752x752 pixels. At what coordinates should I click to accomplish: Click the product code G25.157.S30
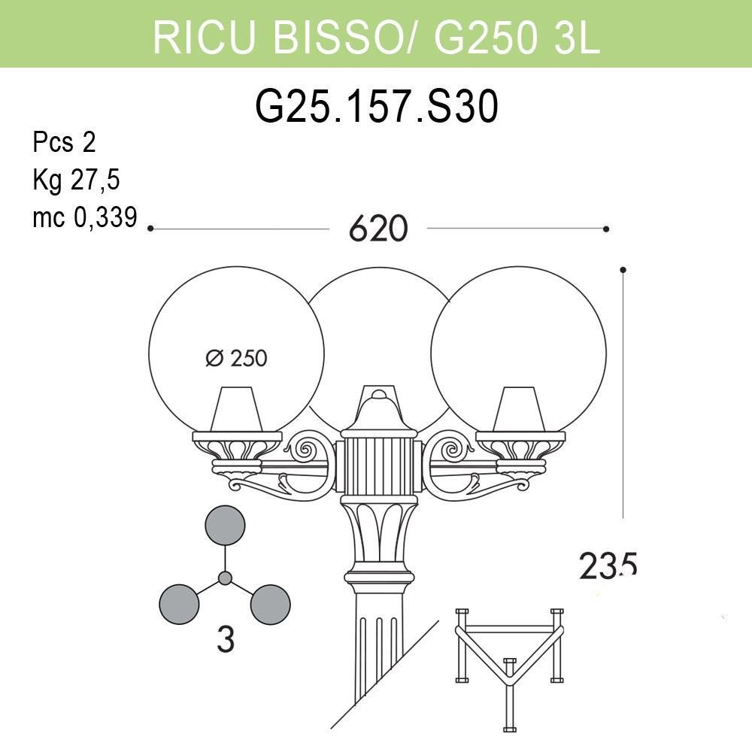point(377,108)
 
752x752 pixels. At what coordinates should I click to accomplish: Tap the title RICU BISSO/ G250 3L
point(376,36)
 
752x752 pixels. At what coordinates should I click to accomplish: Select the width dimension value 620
point(378,229)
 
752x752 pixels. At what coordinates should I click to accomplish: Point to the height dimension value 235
point(608,565)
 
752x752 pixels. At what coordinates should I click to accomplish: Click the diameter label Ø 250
point(236,359)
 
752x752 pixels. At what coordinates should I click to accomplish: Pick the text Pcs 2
point(65,142)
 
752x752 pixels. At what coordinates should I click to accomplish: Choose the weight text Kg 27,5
point(77,180)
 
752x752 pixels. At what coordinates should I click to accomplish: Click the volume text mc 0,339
point(85,218)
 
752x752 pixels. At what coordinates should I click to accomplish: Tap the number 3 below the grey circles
point(225,640)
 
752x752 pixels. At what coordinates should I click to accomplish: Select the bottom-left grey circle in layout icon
point(180,604)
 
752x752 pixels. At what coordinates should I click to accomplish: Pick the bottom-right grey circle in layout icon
point(270,604)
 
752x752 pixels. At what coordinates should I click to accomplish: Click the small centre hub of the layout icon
point(225,578)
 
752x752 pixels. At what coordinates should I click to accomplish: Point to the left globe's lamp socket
point(238,410)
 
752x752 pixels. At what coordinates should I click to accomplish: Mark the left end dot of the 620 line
point(150,228)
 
